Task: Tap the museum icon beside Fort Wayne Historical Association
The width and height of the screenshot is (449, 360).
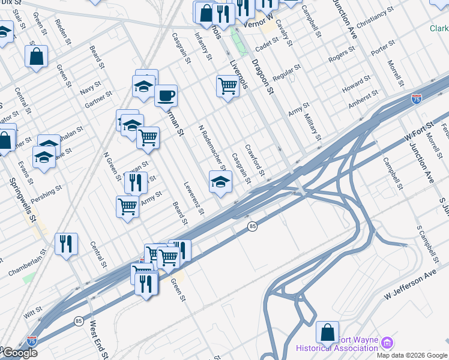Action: (x=387, y=343)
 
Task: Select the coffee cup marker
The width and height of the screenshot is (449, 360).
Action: (x=166, y=95)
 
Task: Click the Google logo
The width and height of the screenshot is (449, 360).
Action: (x=19, y=353)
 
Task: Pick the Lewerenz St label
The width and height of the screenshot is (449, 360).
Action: (x=193, y=197)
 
